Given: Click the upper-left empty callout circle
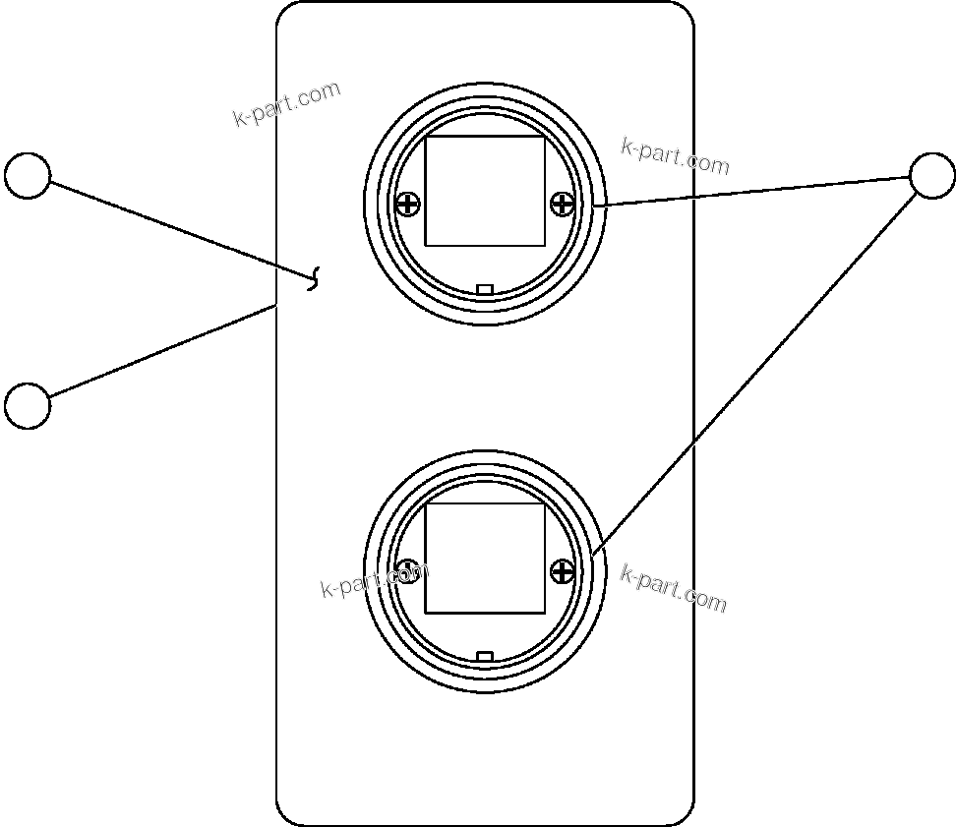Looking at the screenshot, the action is pos(28,176).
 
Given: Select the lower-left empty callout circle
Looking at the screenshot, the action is pos(28,406).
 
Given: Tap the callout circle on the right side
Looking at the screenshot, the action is pos(931,176).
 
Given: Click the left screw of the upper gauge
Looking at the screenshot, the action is pos(408,205).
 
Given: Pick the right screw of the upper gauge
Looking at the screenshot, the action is pos(562,205).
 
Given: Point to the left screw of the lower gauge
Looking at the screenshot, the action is pos(408,570).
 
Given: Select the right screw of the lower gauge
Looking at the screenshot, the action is pos(562,570).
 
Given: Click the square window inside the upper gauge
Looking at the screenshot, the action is pos(484,191).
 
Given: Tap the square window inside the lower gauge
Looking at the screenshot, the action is pos(484,558).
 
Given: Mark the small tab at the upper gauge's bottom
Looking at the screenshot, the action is pos(484,289).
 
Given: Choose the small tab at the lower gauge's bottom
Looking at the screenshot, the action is pos(484,656).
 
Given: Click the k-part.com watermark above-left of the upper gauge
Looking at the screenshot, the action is pos(286,104).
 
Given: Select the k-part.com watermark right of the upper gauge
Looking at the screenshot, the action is pos(675,156).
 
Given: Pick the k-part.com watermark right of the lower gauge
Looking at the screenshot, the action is pos(674,588).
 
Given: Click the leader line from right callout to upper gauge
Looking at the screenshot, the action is pos(752,191).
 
